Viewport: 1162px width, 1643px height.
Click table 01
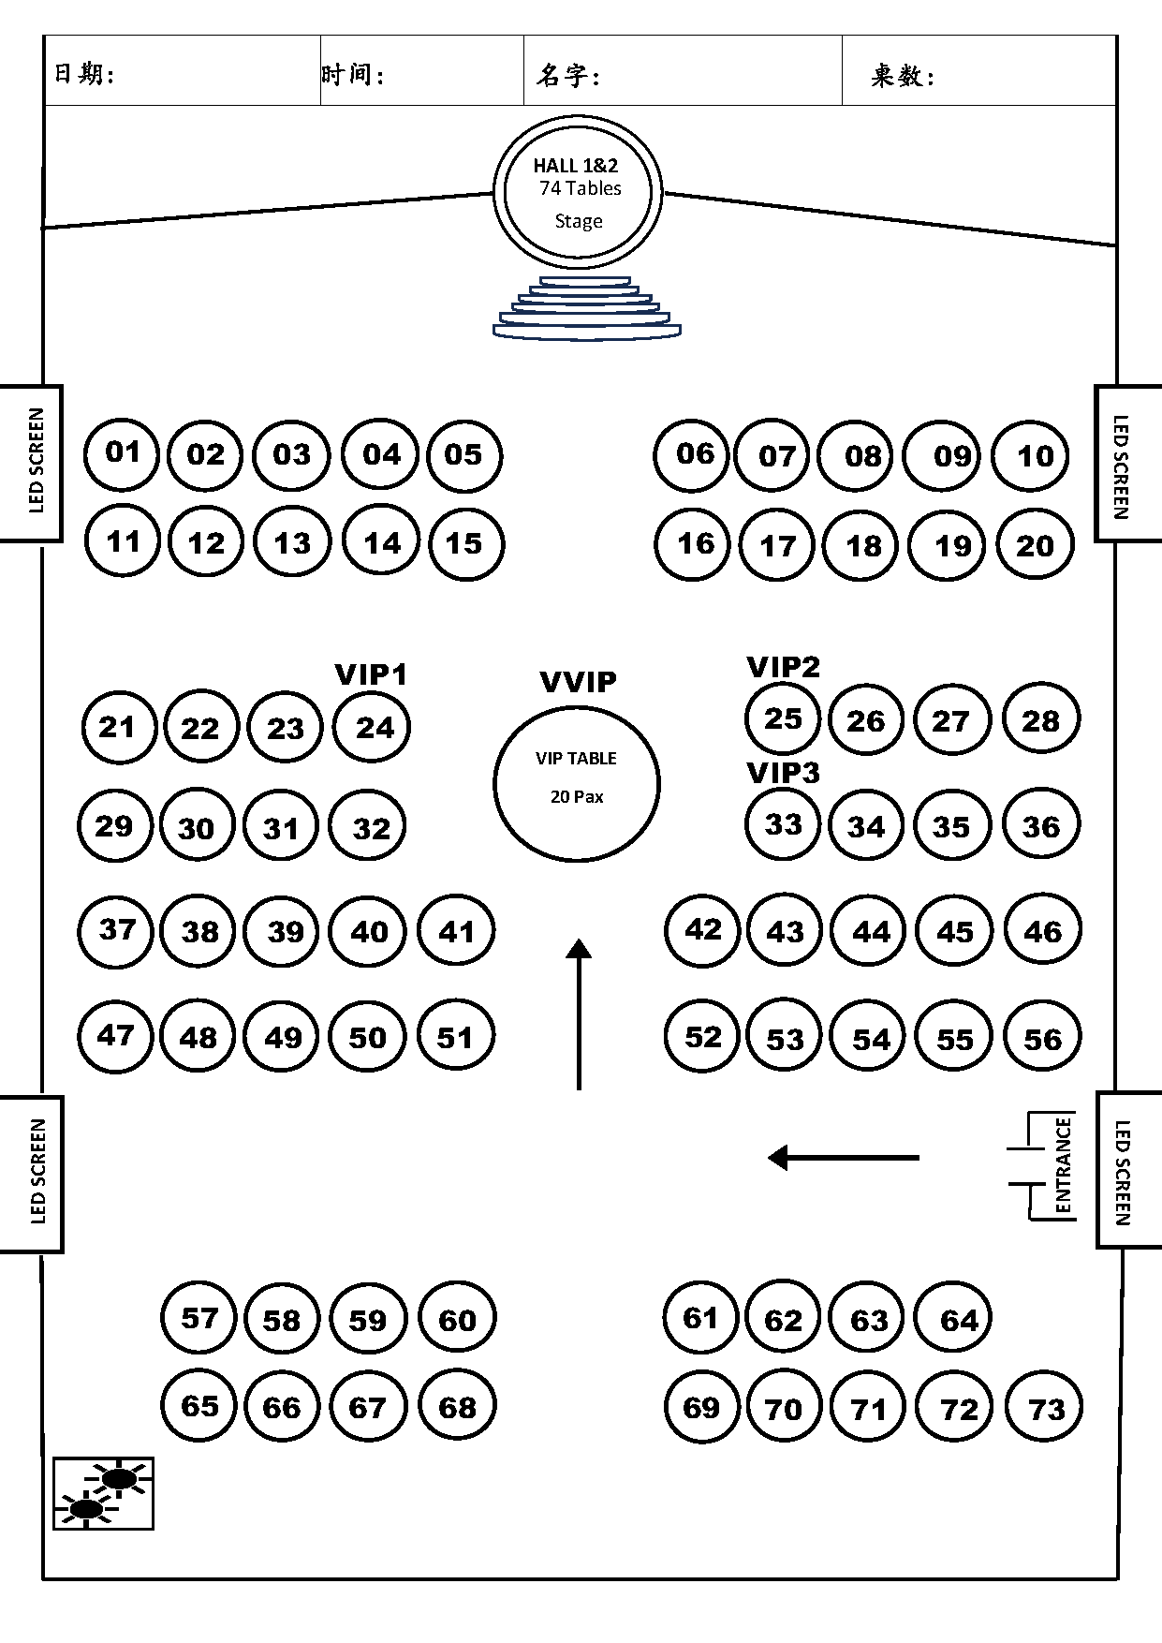click(x=122, y=453)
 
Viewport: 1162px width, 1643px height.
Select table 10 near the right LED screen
click(x=1034, y=456)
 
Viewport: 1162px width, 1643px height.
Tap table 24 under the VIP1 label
click(x=374, y=728)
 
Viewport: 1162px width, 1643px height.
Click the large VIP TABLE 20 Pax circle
click(x=577, y=783)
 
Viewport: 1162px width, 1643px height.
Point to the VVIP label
click(x=579, y=682)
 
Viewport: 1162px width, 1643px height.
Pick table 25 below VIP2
click(x=783, y=718)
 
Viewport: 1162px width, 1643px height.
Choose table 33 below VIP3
click(x=783, y=824)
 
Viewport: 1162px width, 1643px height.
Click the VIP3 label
click(x=783, y=773)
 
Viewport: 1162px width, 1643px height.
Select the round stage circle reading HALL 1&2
click(x=578, y=193)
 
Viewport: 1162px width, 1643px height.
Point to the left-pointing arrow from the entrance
click(x=843, y=1158)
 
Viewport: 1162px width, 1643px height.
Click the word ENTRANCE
click(x=1063, y=1165)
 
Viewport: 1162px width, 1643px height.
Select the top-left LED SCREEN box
click(x=35, y=462)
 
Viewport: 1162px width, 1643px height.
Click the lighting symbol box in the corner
click(x=103, y=1493)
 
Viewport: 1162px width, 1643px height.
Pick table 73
click(x=1045, y=1409)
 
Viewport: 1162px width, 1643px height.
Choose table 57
click(x=199, y=1319)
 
